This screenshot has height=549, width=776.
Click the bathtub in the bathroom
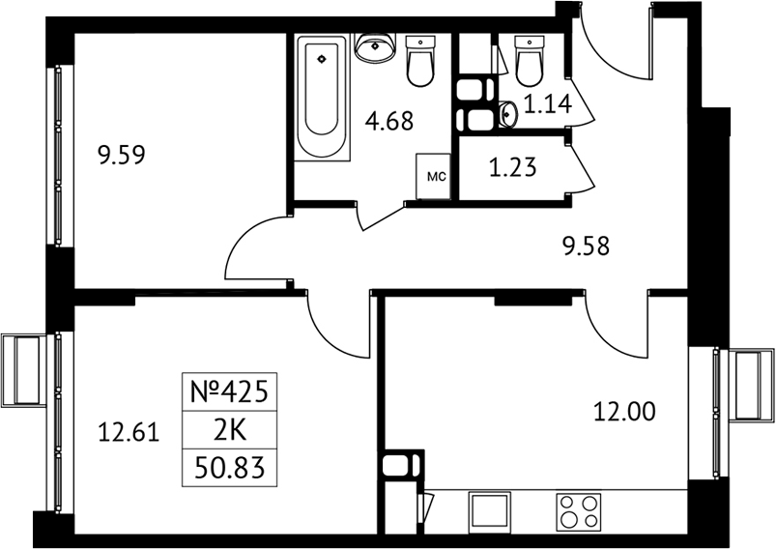pyautogui.click(x=323, y=97)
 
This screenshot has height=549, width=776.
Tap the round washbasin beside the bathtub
pyautogui.click(x=375, y=47)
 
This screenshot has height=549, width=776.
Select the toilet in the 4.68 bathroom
pyautogui.click(x=420, y=62)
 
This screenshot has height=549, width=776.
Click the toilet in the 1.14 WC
pyautogui.click(x=530, y=61)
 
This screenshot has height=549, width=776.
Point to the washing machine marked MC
pyautogui.click(x=434, y=176)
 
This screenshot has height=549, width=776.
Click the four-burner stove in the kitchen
pyautogui.click(x=579, y=511)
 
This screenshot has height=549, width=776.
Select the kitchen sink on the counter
pyautogui.click(x=489, y=511)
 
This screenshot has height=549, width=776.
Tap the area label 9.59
pyautogui.click(x=122, y=155)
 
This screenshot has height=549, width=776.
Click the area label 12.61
pyautogui.click(x=129, y=432)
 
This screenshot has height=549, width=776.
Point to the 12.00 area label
pyautogui.click(x=624, y=412)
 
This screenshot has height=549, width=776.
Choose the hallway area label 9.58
pyautogui.click(x=586, y=246)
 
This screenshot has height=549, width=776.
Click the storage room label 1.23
pyautogui.click(x=513, y=167)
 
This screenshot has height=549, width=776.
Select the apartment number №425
pyautogui.click(x=230, y=392)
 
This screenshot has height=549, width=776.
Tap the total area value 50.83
pyautogui.click(x=230, y=468)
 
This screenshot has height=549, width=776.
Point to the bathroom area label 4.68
pyautogui.click(x=389, y=121)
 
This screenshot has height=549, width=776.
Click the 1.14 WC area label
pyautogui.click(x=548, y=104)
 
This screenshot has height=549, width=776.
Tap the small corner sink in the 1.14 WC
pyautogui.click(x=507, y=114)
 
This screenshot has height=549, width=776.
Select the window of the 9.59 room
pyautogui.click(x=58, y=155)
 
